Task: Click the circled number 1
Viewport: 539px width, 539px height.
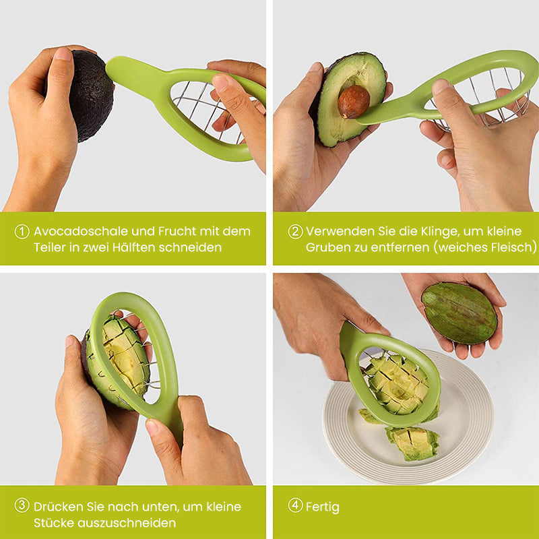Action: [x=22, y=232]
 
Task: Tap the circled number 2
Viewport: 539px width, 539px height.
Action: [x=295, y=232]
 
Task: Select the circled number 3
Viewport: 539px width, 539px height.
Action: [x=22, y=506]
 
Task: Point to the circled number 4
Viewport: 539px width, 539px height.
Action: [x=295, y=506]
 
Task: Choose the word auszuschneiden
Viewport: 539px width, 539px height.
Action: [x=127, y=523]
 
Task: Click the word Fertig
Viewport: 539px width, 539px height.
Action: [x=323, y=507]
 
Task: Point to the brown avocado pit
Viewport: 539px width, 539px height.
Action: [x=353, y=102]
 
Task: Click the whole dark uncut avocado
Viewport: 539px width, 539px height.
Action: [x=90, y=96]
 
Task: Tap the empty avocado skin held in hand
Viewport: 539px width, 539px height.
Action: [x=459, y=313]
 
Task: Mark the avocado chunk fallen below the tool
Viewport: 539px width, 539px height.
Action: [x=412, y=443]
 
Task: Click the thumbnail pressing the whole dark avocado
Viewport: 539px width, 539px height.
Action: [x=63, y=55]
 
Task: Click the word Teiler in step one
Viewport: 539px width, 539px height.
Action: [x=49, y=247]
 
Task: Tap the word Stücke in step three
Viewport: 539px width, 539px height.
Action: [x=54, y=523]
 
